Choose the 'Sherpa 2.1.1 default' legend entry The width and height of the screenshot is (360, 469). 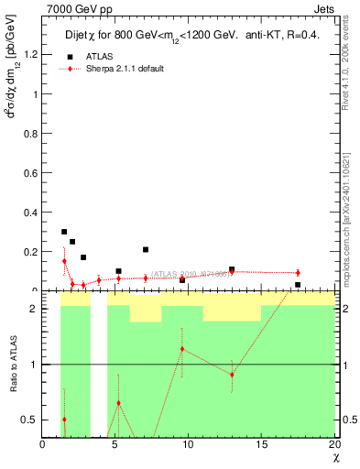click(x=125, y=69)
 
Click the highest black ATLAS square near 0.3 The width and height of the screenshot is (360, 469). click(x=64, y=232)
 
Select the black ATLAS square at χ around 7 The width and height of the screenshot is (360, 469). click(x=146, y=249)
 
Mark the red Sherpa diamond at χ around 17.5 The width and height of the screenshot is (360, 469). click(x=298, y=272)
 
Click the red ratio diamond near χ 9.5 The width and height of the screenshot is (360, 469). click(x=182, y=349)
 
